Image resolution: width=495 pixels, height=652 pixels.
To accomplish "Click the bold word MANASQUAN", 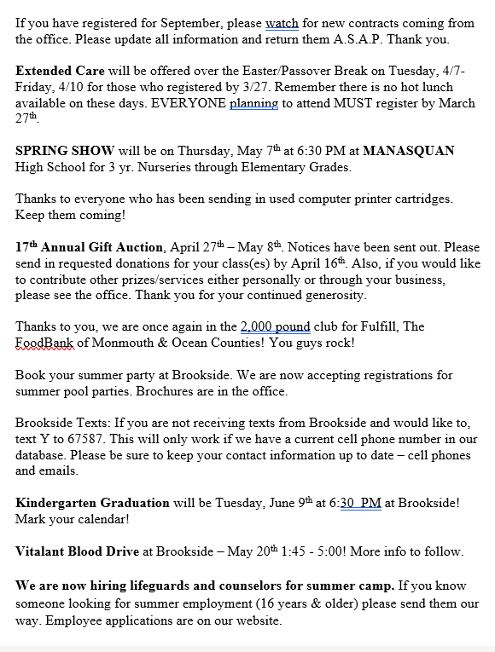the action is coord(409,151).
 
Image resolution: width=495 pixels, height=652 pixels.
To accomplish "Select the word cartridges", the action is coord(416,199).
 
